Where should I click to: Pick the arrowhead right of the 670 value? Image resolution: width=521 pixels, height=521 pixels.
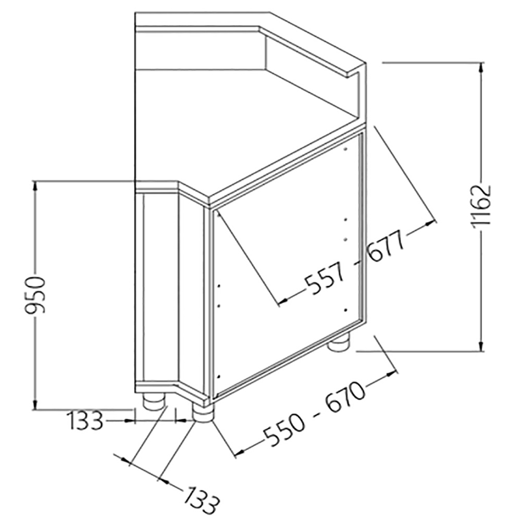[x=394, y=372]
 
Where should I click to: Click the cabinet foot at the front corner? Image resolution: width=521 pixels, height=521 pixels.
[x=203, y=413]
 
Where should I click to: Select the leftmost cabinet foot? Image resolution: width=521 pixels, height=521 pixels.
[x=152, y=402]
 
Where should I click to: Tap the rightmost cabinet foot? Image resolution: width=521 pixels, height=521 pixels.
[x=339, y=343]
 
